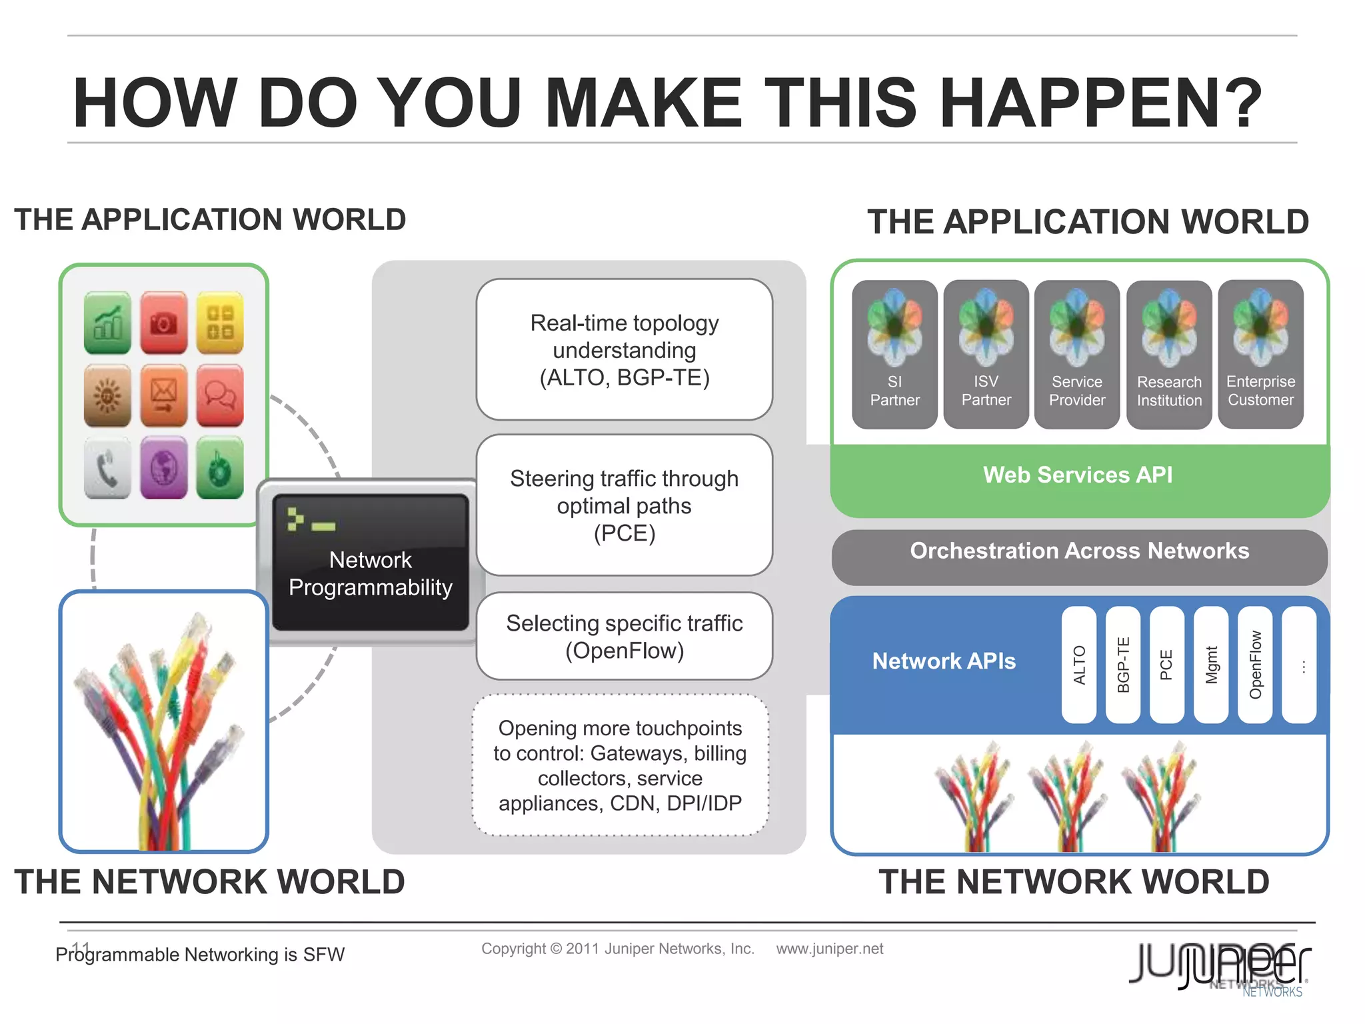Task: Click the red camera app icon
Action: [x=163, y=323]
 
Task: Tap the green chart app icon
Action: [x=107, y=323]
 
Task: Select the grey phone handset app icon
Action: [x=107, y=468]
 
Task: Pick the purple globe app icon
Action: [x=163, y=468]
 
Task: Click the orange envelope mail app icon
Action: [x=163, y=395]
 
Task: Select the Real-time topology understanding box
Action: [x=625, y=350]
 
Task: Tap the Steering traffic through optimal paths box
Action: [x=625, y=505]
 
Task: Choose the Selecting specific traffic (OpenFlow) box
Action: [x=625, y=636]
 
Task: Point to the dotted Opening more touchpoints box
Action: [x=621, y=765]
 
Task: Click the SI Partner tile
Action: [x=894, y=354]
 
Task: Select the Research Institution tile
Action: [x=1169, y=354]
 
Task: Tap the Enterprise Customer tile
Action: [x=1260, y=354]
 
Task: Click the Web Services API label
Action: [x=1078, y=475]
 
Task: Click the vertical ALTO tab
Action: [x=1079, y=665]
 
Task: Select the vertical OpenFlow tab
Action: [x=1255, y=665]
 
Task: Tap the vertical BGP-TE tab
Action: [x=1123, y=665]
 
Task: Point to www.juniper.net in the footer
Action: [x=829, y=949]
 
